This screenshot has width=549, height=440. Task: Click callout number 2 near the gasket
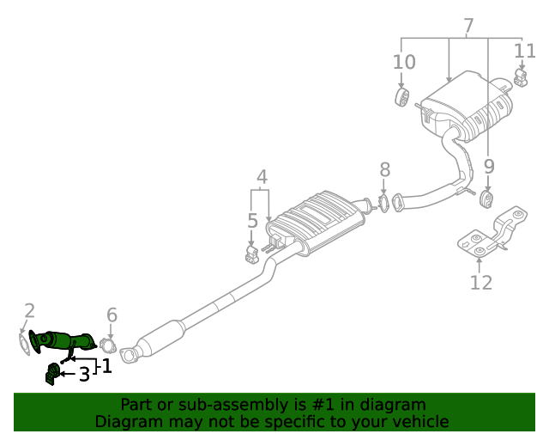[29, 311]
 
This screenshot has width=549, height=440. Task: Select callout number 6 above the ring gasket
[112, 315]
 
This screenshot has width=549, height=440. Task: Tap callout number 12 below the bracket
[481, 282]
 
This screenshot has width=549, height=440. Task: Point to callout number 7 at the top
[468, 27]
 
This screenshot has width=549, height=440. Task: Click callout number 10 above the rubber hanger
[404, 62]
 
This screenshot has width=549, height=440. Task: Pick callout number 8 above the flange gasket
[384, 169]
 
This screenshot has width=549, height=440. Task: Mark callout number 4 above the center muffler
[262, 178]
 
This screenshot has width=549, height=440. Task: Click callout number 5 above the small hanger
[252, 221]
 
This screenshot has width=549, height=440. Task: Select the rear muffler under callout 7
[468, 107]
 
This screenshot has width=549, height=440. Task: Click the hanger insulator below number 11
[521, 79]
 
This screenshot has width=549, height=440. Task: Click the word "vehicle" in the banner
[420, 422]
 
